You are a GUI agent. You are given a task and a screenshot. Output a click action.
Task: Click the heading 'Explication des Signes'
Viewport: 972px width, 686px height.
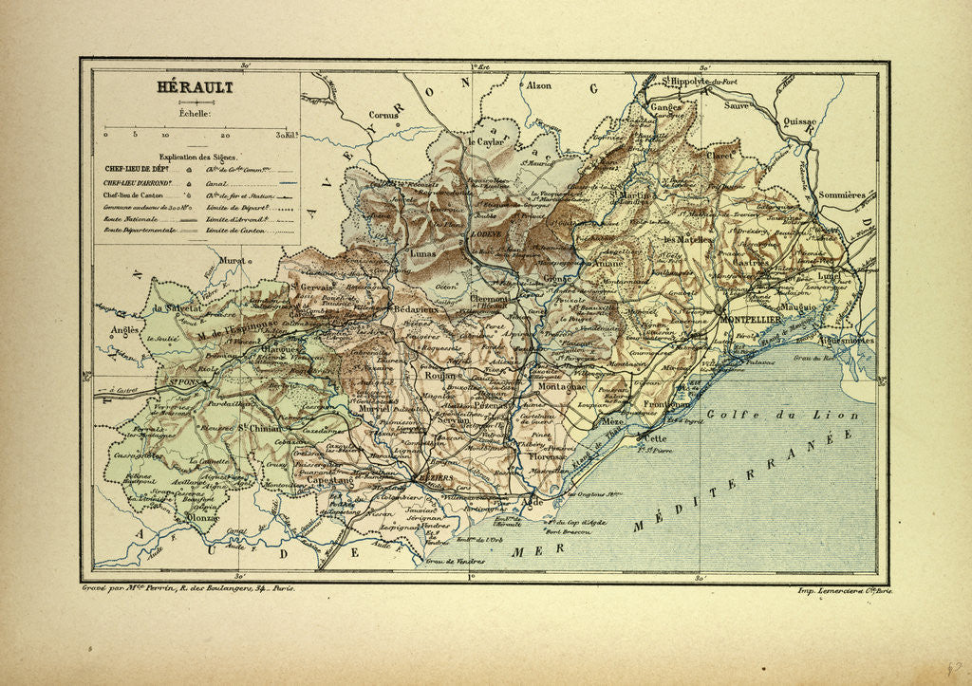click(x=198, y=157)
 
